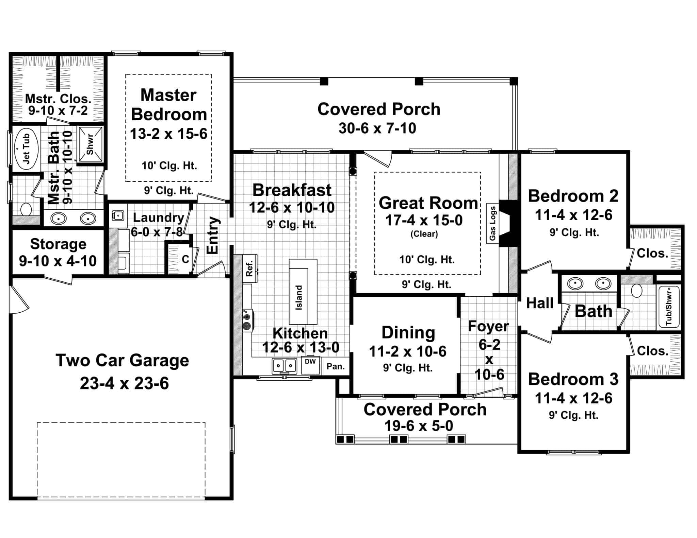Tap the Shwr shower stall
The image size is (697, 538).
coord(90,144)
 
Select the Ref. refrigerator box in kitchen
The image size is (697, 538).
coord(249,268)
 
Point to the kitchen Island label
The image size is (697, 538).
coord(299,297)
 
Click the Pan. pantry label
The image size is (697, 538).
coord(336,366)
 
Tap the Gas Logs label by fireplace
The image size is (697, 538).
coord(492,223)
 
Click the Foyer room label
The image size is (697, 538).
coord(488,326)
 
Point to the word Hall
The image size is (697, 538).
coord(540,303)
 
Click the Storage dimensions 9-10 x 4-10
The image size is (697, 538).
coord(58,261)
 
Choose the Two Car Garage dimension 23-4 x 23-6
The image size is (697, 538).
coord(124,383)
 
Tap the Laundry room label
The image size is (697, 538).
coord(158,218)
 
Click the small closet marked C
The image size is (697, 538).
coord(185,260)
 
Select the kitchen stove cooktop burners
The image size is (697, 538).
coord(248,320)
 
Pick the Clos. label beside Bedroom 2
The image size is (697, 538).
coord(652,253)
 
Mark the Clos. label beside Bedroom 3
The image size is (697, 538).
coord(652,351)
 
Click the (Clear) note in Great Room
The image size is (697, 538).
coord(424,234)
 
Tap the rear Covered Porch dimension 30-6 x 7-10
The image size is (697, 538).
coord(377,128)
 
